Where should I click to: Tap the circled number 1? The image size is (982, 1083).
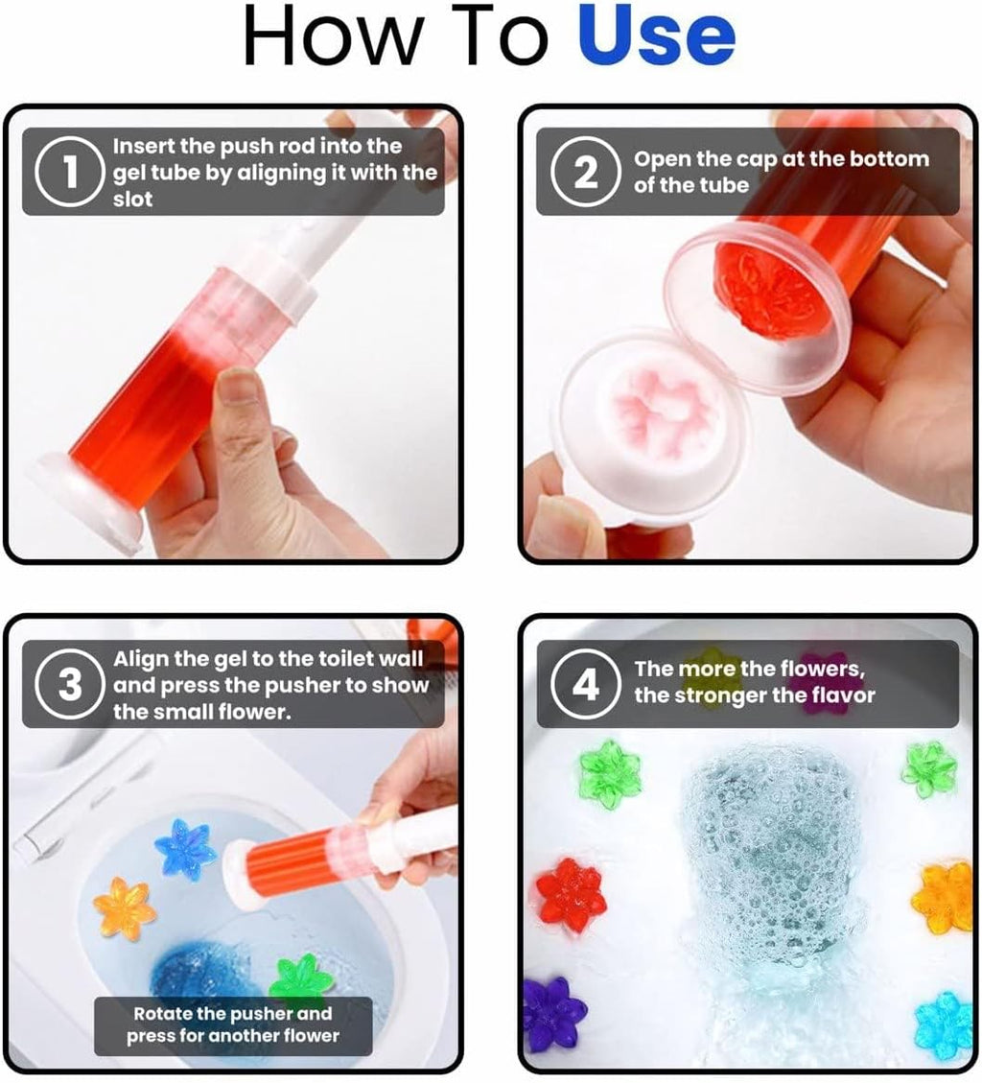pyautogui.click(x=70, y=173)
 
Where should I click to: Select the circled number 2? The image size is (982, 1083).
pyautogui.click(x=585, y=173)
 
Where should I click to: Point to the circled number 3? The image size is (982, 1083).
pyautogui.click(x=70, y=686)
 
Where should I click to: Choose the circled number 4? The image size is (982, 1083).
pyautogui.click(x=585, y=686)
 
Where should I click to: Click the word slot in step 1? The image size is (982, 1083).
pyautogui.click(x=133, y=200)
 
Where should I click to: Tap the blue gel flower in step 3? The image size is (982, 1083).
pyautogui.click(x=185, y=849)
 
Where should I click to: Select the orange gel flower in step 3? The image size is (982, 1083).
pyautogui.click(x=125, y=907)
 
